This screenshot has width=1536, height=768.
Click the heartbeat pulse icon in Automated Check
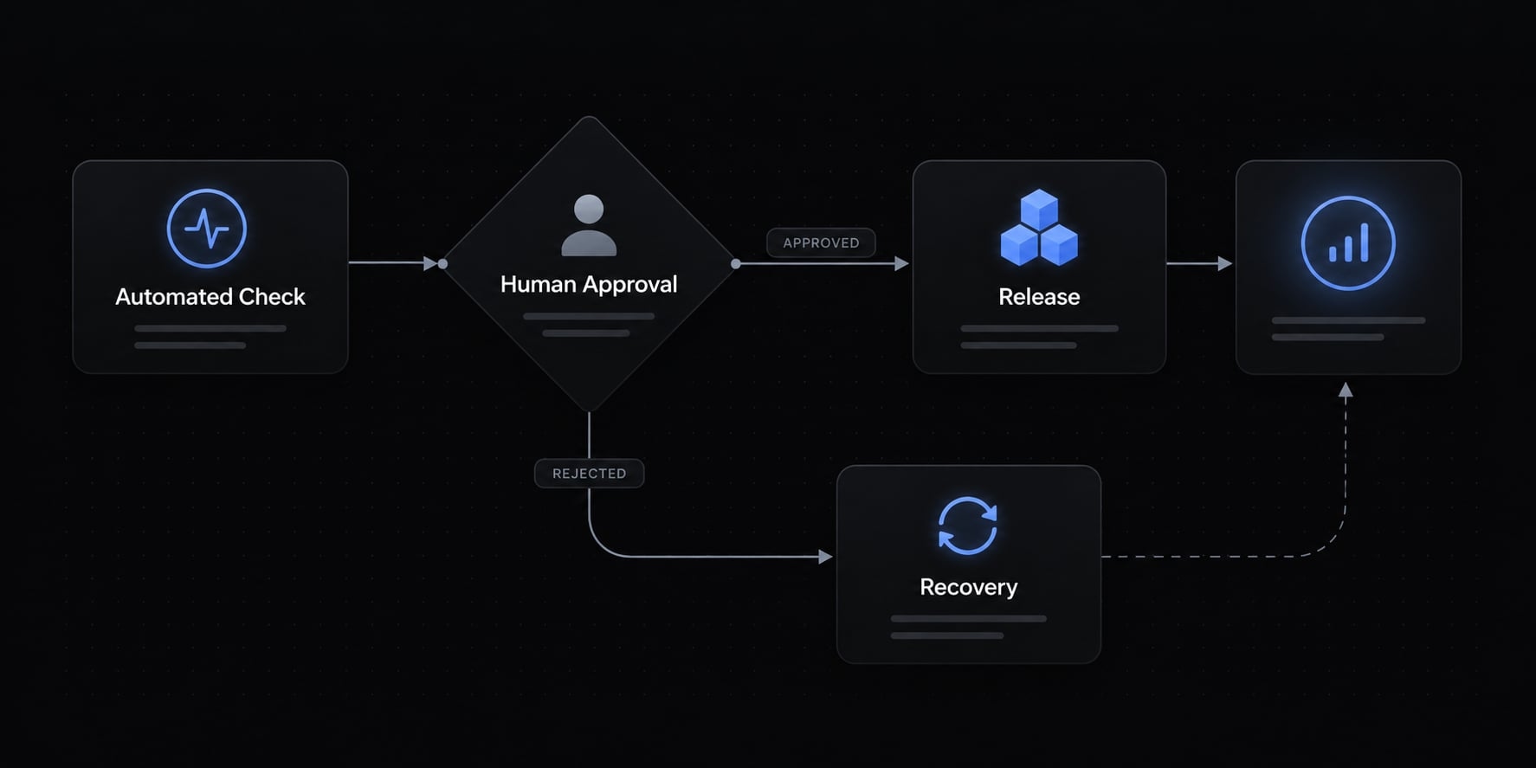point(207,229)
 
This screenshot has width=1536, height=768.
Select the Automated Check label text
point(210,297)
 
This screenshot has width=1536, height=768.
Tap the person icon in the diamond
point(589,225)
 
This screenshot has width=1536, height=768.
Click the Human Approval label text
point(589,284)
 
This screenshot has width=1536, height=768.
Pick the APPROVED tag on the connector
point(821,242)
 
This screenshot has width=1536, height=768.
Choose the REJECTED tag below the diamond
point(589,474)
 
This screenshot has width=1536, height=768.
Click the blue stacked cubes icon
point(1039,227)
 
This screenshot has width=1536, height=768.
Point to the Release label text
point(1039,297)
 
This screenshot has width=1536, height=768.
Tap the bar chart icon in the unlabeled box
point(1348,243)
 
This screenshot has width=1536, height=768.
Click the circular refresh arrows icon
point(968,526)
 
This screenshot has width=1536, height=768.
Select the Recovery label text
point(968,587)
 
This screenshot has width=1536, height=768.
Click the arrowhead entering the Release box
point(901,263)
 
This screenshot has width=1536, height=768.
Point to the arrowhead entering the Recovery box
point(825,557)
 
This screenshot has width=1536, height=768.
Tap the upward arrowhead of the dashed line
point(1346,390)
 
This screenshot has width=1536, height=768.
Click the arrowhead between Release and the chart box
point(1224,263)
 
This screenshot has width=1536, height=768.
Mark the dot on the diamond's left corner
point(442,263)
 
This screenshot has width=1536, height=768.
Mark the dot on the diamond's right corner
point(736,263)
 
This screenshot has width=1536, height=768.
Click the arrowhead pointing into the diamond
point(430,263)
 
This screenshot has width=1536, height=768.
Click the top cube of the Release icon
point(1039,209)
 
